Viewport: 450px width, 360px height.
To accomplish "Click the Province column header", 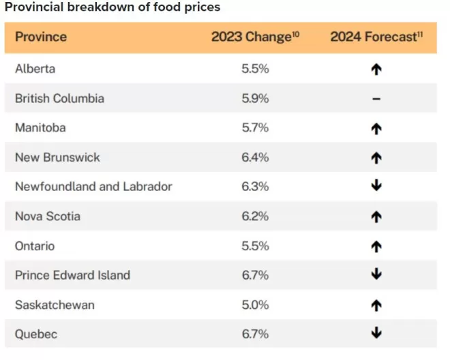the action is pos(41,37).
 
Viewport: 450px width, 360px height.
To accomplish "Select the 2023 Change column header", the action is pos(256,37).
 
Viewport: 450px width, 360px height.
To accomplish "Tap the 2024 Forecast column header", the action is pos(376,37).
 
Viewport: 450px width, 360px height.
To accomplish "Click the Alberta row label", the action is pos(35,69).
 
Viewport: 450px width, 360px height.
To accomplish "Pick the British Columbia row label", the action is pos(59,98).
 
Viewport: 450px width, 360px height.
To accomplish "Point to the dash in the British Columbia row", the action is pos(376,99).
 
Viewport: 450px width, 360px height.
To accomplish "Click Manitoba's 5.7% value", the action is pos(255,127).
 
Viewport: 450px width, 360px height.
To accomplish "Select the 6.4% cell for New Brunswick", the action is pos(255,157).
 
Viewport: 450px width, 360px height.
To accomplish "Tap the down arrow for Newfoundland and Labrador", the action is pos(376,185).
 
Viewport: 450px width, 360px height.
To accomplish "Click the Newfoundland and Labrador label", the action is pos(93,187).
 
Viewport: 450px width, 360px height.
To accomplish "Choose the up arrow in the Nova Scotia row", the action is pos(376,217).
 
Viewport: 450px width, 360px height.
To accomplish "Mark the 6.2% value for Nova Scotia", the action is pos(255,216).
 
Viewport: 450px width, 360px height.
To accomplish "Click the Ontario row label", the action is pos(35,246).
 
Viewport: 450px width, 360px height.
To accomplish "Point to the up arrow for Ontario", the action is pos(376,247).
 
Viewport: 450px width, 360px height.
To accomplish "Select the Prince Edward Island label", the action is pos(72,275).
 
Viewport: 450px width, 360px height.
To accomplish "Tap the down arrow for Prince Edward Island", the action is pos(376,273).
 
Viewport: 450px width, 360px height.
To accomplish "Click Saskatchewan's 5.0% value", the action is pos(255,305).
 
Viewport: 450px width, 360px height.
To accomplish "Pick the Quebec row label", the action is pos(36,334).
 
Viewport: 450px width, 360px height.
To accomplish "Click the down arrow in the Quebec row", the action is pos(376,333).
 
